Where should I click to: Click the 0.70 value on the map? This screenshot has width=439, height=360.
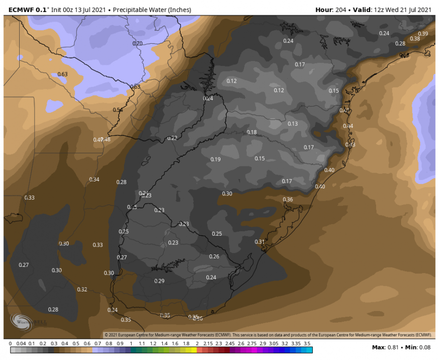coord(137,44)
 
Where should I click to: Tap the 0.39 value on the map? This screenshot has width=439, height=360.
coord(423,34)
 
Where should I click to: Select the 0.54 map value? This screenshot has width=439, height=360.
coord(118,110)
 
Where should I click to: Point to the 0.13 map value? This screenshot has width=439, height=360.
coord(293,124)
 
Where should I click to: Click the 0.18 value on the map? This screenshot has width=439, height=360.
coord(252,132)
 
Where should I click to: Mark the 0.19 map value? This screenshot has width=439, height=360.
coord(216,159)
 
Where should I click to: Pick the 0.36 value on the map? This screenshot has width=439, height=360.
coord(288,200)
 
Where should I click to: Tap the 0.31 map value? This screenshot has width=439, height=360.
coord(260,242)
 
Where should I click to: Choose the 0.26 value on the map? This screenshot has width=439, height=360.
coord(214,257)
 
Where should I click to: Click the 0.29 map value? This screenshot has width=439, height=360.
coord(159,281)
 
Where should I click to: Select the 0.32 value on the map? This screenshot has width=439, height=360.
coord(82,289)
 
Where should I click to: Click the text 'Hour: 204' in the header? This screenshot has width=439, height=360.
coord(331,10)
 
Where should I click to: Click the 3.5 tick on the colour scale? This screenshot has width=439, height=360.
coord(307,344)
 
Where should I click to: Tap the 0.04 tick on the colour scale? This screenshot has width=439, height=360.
coord(21,344)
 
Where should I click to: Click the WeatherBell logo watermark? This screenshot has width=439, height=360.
coord(21,323)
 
